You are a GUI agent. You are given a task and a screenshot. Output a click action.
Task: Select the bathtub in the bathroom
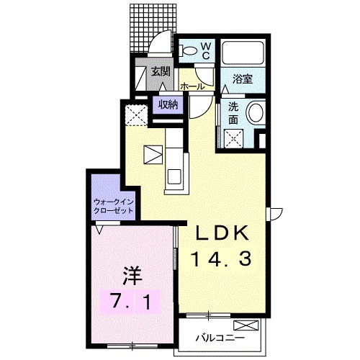point(242,54)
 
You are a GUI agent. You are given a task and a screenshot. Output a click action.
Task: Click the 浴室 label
point(242,80)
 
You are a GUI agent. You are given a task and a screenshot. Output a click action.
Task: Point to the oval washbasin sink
point(255,114)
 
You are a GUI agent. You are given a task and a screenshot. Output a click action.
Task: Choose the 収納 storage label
point(168,105)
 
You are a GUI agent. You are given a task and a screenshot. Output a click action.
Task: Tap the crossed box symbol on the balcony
point(245,325)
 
